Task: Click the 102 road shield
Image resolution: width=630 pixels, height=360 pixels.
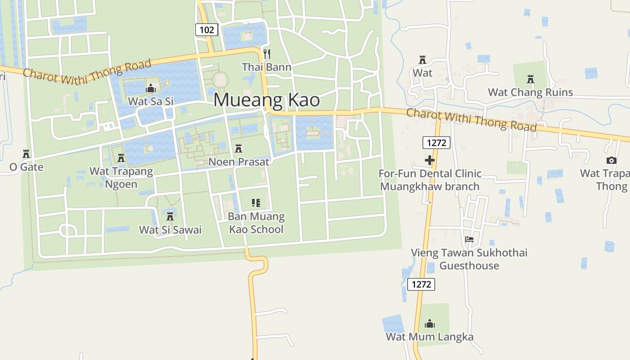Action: [207, 30]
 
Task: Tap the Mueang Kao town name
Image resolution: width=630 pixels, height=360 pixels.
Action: [266, 100]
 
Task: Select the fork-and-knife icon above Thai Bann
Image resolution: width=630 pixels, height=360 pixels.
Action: [267, 54]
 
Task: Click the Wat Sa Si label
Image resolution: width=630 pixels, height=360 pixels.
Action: [151, 101]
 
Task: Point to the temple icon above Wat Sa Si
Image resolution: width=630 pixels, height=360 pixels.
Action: [151, 88]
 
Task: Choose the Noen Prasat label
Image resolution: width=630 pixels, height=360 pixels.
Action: [239, 162]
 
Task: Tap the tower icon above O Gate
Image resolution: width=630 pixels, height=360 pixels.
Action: [26, 154]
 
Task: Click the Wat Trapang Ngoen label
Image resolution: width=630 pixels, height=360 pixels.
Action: [121, 178]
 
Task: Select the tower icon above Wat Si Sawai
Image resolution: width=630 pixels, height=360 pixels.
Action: [170, 216]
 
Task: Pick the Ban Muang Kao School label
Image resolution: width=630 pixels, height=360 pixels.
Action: [256, 223]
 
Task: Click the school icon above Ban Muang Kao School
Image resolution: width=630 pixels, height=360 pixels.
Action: [256, 203]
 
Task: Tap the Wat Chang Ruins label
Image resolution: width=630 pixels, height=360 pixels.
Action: [531, 92]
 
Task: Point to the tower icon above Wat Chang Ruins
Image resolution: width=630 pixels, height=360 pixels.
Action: [531, 79]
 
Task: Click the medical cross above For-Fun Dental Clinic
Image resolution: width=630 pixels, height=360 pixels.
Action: [430, 160]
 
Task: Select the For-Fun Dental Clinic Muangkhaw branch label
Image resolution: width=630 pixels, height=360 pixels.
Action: [430, 180]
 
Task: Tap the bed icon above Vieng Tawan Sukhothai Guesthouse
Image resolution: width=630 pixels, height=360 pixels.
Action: [469, 239]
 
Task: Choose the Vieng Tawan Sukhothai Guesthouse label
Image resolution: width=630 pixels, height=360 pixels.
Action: [469, 259]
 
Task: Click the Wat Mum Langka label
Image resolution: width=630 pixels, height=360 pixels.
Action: [430, 337]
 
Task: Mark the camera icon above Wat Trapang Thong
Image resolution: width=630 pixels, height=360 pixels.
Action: [611, 160]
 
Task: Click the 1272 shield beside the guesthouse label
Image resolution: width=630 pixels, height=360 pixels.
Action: [421, 284]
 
